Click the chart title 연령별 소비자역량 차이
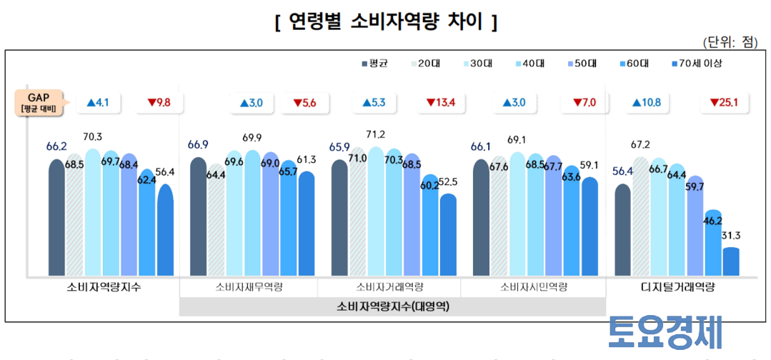tap(386, 23)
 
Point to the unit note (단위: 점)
tap(730, 42)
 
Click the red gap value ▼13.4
tap(442, 103)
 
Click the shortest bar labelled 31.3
tap(731, 261)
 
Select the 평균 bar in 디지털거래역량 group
tap(623, 230)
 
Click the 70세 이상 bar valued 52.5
tap(448, 234)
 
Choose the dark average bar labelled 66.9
tap(198, 216)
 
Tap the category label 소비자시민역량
tap(533, 287)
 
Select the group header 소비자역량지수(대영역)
tap(393, 307)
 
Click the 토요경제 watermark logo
tap(665, 332)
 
